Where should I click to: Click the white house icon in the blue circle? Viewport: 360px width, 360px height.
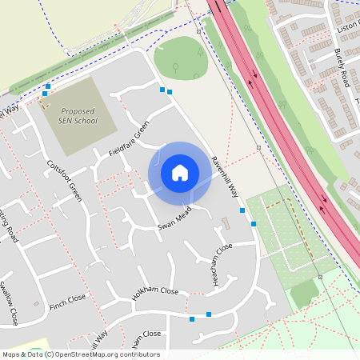[x=180, y=172]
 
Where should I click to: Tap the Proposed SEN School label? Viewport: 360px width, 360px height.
[x=77, y=116]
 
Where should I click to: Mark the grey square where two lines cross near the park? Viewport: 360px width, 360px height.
[x=258, y=148]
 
